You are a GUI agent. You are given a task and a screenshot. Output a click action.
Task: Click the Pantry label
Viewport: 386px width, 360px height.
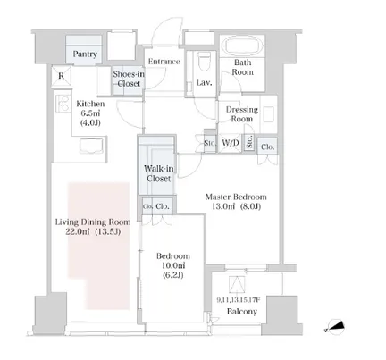[x=85, y=54]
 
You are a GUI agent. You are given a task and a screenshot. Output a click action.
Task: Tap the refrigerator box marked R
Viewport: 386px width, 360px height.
[x=61, y=76]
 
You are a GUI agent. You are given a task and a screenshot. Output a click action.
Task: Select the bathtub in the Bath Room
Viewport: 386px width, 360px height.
[x=244, y=46]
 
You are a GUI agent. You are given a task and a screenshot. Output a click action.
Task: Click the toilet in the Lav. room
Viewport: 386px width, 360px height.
[x=204, y=62]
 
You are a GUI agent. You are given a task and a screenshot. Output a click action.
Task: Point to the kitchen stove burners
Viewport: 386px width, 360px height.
[x=63, y=103]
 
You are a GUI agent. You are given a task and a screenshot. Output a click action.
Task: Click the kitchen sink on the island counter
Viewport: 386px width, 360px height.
[x=91, y=146]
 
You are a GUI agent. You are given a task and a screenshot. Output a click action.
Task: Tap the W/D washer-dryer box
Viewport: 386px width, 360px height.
[x=231, y=143]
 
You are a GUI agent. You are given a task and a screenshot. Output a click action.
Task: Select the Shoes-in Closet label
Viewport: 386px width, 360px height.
[x=129, y=79]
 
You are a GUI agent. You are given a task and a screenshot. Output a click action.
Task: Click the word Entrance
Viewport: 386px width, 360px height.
[x=164, y=62]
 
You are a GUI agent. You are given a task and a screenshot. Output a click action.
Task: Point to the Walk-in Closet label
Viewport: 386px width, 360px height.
[x=158, y=173]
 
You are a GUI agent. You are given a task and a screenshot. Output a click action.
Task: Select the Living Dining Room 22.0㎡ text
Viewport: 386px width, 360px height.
[x=93, y=227]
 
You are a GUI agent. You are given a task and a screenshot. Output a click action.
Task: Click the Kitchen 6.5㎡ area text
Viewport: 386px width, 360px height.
[x=90, y=113]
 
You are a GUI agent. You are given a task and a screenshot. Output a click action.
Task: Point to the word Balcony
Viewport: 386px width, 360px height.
[x=242, y=312]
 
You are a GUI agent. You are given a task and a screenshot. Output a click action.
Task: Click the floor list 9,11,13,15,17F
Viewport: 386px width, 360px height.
[x=239, y=300]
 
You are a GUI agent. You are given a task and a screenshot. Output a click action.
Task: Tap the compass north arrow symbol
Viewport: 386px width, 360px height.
[x=336, y=327]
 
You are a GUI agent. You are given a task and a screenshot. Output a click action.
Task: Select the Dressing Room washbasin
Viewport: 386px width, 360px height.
[x=268, y=114]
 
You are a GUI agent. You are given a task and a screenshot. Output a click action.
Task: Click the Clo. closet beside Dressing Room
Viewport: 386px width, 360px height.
[x=267, y=147]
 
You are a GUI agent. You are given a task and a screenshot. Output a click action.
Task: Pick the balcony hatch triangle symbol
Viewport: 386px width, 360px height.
[x=237, y=285]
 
